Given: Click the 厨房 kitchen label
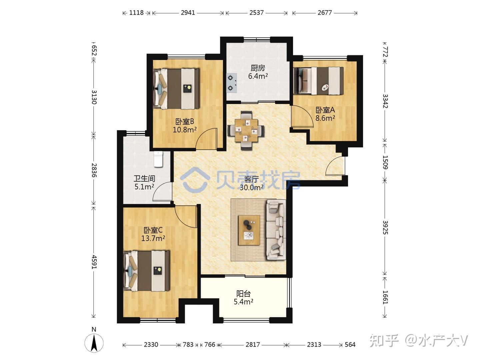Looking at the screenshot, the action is (x=258, y=68).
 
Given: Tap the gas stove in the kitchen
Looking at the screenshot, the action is (x=232, y=83).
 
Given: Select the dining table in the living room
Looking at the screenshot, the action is (x=246, y=130).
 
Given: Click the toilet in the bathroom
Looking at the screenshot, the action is (x=159, y=159).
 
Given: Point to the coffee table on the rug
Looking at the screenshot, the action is (x=249, y=230).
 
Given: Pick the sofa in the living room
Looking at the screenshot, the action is (x=276, y=230).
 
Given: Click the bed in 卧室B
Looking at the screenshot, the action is (x=176, y=89).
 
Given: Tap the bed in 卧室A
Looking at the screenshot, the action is (x=319, y=81).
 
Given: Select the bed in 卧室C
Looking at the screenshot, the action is (x=147, y=271).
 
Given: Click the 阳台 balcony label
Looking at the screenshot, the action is (x=243, y=294).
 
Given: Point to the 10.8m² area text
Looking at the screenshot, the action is (x=185, y=130).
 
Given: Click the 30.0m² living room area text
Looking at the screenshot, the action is (x=251, y=188).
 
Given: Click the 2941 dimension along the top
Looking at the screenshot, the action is (x=188, y=13).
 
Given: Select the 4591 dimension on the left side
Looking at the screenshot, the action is (x=94, y=262).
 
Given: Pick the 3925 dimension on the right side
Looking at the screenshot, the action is (x=385, y=228).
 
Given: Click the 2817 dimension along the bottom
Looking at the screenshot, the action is (x=253, y=345).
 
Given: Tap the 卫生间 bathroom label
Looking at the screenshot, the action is (x=144, y=179).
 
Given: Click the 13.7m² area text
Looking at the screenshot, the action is (x=153, y=238).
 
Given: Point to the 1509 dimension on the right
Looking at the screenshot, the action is (x=385, y=162).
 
